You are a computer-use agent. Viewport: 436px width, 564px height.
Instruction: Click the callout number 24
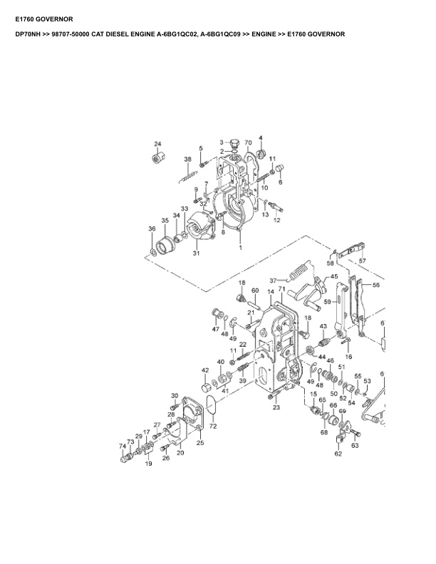click(157, 144)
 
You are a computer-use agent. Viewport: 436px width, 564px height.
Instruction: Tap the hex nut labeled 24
click(157, 157)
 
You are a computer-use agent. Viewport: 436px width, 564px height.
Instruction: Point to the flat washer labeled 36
click(153, 251)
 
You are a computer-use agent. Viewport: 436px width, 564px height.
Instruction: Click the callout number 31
click(196, 254)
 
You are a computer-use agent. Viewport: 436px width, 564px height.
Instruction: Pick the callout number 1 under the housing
click(240, 248)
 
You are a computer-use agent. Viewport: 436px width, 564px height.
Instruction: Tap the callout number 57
click(362, 261)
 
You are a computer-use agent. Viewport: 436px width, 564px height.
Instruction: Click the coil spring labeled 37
click(299, 272)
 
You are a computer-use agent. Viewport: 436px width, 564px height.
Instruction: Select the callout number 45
click(333, 276)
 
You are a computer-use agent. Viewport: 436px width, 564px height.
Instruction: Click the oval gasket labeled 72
click(212, 409)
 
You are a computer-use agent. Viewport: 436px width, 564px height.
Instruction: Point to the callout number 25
click(200, 443)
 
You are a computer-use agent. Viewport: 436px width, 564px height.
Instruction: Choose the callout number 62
click(338, 454)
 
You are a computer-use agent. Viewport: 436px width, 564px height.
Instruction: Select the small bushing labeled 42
click(205, 387)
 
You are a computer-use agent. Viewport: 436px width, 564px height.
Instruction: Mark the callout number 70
click(249, 142)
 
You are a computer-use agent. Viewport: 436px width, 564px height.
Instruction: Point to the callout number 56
click(375, 285)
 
